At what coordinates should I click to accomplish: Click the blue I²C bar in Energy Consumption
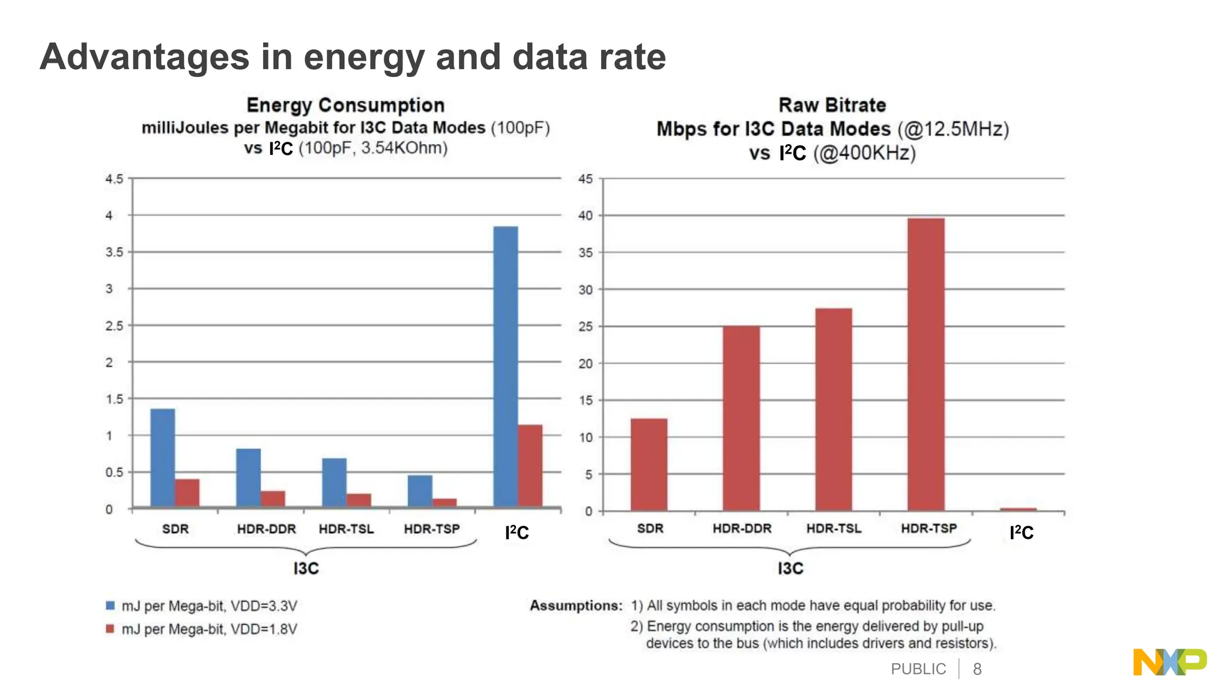(x=506, y=366)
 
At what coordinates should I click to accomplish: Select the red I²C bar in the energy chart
(x=530, y=466)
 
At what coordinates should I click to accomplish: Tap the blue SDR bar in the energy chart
(x=163, y=458)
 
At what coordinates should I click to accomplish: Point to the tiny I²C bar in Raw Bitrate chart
(x=1018, y=509)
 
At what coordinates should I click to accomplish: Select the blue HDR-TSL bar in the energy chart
(x=334, y=482)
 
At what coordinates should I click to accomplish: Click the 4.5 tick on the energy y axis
(x=114, y=179)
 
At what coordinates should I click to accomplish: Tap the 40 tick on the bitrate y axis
(x=586, y=216)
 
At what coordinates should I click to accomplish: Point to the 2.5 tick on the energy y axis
(x=114, y=326)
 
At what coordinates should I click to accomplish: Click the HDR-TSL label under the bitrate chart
(x=834, y=529)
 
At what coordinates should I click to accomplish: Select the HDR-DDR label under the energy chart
(x=266, y=529)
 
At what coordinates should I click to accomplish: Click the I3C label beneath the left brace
(x=306, y=568)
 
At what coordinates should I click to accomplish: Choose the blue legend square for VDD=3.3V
(x=111, y=605)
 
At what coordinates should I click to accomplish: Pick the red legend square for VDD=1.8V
(x=111, y=629)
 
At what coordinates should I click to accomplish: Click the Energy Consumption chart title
(x=345, y=105)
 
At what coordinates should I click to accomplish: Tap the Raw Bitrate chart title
(x=832, y=105)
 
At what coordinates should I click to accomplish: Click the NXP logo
(x=1169, y=662)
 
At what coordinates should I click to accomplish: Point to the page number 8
(x=977, y=669)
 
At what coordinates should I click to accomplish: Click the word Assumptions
(x=575, y=605)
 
